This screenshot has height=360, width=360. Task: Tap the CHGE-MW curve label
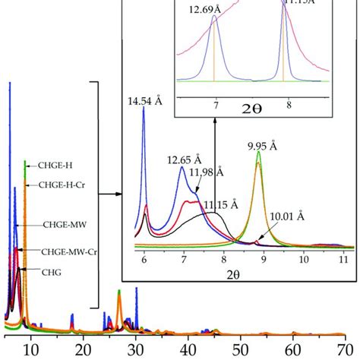(x=57, y=225)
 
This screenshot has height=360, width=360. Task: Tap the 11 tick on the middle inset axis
(x=343, y=260)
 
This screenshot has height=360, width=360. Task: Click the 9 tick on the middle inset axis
(x=264, y=260)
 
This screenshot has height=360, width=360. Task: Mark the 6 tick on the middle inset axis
(x=144, y=260)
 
